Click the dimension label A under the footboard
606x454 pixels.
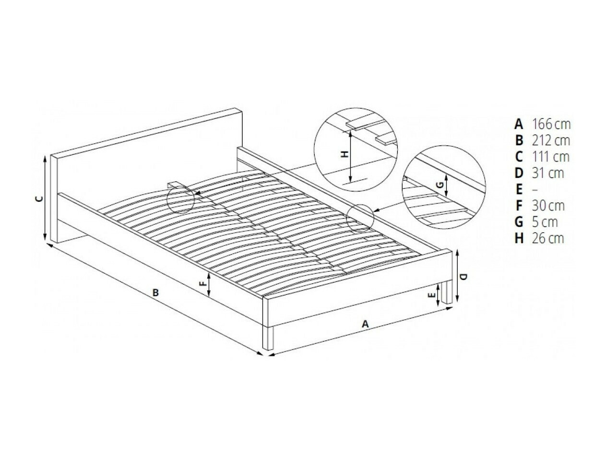point(365,324)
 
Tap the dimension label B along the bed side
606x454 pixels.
point(155,292)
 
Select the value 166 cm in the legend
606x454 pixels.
point(551,124)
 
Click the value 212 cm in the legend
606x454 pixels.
point(551,140)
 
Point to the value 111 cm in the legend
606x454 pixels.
point(550,157)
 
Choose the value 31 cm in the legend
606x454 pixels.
point(547,173)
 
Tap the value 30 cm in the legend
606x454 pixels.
point(547,206)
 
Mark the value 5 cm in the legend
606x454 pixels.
point(545,222)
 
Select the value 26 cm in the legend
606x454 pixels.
point(547,238)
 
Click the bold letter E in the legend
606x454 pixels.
point(518,189)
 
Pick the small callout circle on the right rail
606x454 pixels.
point(360,218)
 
